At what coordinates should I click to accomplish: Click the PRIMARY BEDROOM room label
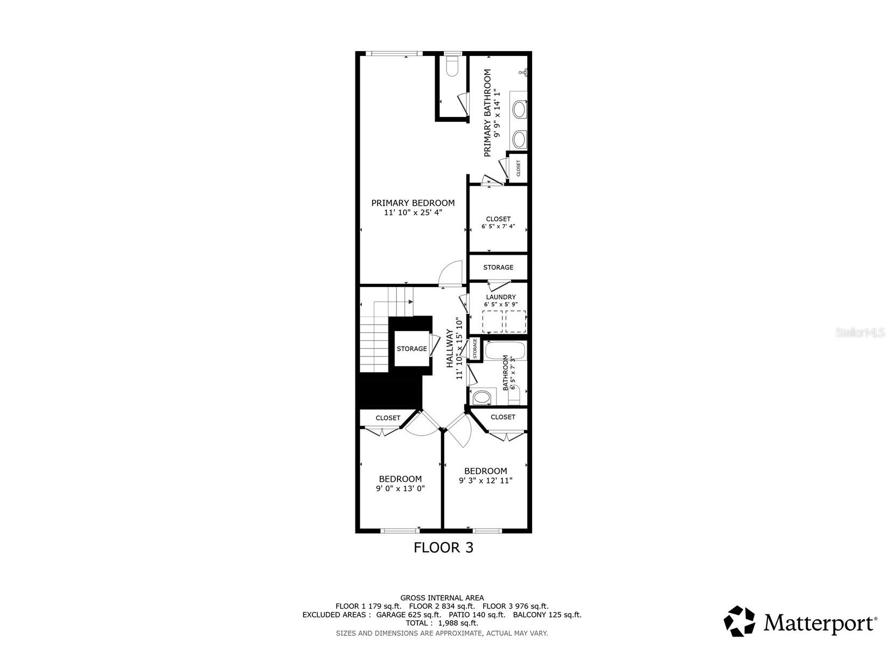click(x=413, y=203)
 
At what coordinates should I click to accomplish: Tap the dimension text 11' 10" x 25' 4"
click(x=413, y=213)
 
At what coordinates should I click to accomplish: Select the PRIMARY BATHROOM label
click(x=487, y=113)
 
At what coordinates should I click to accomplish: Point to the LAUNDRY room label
click(x=500, y=297)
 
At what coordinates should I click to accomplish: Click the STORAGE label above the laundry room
click(x=498, y=267)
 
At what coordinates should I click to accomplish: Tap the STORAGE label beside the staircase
click(x=411, y=348)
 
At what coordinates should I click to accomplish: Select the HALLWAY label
click(x=450, y=348)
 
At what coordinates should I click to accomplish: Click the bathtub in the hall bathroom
click(x=505, y=350)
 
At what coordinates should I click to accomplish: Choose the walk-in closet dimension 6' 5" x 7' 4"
click(x=498, y=226)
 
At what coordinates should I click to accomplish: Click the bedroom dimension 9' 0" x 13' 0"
click(x=400, y=489)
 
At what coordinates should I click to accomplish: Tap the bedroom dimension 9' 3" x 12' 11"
click(x=485, y=480)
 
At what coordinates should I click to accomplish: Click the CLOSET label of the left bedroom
click(x=388, y=418)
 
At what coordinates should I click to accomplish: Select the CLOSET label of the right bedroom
click(x=502, y=417)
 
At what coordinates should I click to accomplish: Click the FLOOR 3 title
click(x=443, y=547)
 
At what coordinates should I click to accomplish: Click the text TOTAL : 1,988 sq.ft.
click(x=442, y=623)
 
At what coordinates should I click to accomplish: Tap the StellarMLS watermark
click(x=860, y=333)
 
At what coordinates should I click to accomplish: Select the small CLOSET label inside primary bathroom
click(x=518, y=168)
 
